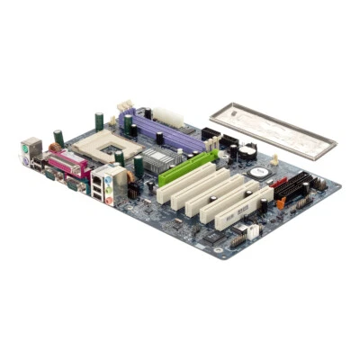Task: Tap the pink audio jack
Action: tap(110, 200)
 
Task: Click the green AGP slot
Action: tap(189, 166)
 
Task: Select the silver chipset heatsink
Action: tap(161, 161)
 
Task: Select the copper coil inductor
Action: tap(55, 149)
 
